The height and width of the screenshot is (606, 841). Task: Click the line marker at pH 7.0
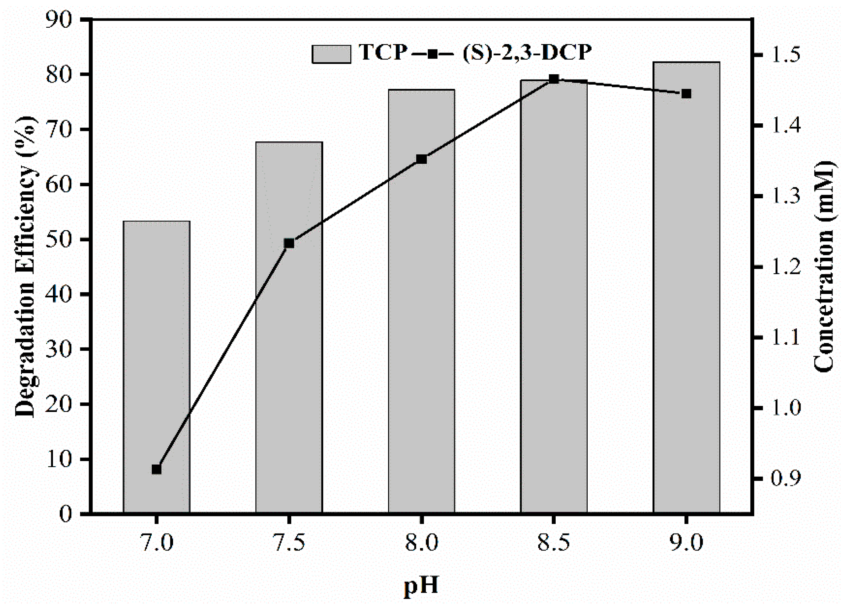click(156, 470)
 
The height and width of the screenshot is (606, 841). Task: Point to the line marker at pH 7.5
click(289, 244)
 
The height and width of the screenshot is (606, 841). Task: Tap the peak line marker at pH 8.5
click(554, 79)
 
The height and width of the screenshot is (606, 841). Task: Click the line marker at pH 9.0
click(686, 94)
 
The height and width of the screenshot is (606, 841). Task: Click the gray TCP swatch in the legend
click(331, 54)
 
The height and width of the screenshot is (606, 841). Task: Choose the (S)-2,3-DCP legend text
click(527, 52)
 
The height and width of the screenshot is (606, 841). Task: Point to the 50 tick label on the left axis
click(59, 240)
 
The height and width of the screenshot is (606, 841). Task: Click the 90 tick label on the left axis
click(59, 19)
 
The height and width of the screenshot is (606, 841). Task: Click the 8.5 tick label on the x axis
click(554, 544)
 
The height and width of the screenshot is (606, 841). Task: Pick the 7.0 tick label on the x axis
click(156, 544)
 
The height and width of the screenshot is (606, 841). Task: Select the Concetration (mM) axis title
click(824, 266)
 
